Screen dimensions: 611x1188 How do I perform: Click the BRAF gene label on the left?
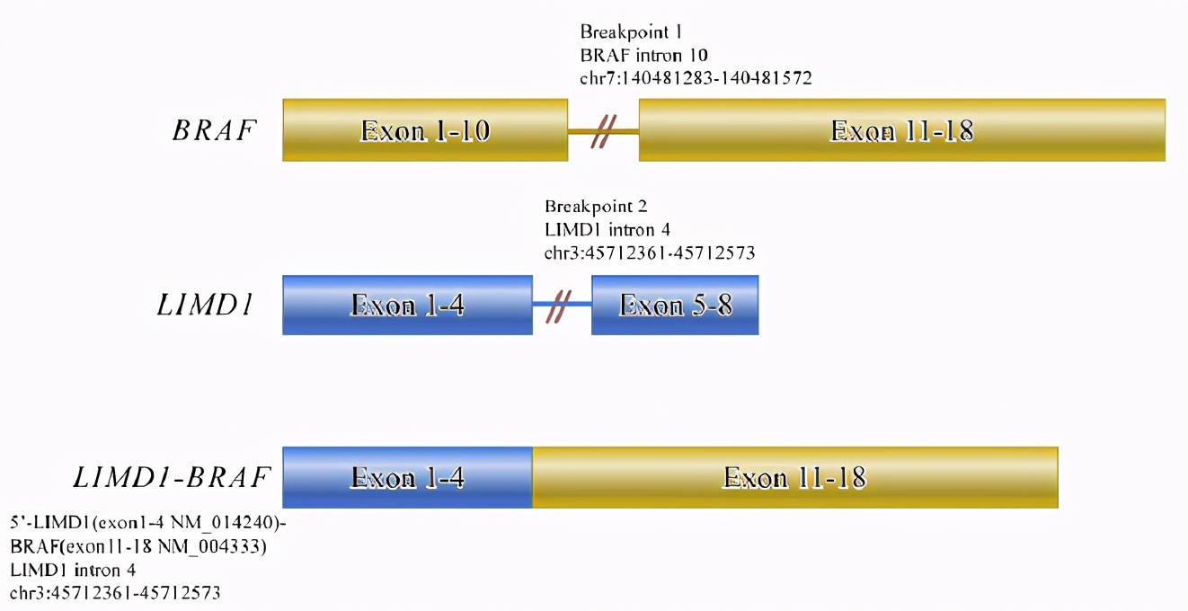214,131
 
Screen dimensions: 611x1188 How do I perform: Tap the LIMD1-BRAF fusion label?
172,477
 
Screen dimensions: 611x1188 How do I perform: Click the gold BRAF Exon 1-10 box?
425,131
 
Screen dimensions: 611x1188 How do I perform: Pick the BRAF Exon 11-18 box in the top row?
901,131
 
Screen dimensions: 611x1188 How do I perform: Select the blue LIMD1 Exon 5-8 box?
675,305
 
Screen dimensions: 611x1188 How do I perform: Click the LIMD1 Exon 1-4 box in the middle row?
407,305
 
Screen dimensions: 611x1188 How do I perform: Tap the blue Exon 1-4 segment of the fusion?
407,477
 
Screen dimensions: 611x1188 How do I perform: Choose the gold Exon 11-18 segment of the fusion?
794,477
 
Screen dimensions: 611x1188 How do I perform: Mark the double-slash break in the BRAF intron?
603,132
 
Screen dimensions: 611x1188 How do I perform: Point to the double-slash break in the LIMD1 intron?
562,305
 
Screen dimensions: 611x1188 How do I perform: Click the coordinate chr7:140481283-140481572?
696,78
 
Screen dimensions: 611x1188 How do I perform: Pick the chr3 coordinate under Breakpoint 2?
649,252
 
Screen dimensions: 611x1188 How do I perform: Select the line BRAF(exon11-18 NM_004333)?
138,545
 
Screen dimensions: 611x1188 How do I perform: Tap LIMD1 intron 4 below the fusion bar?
73,569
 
